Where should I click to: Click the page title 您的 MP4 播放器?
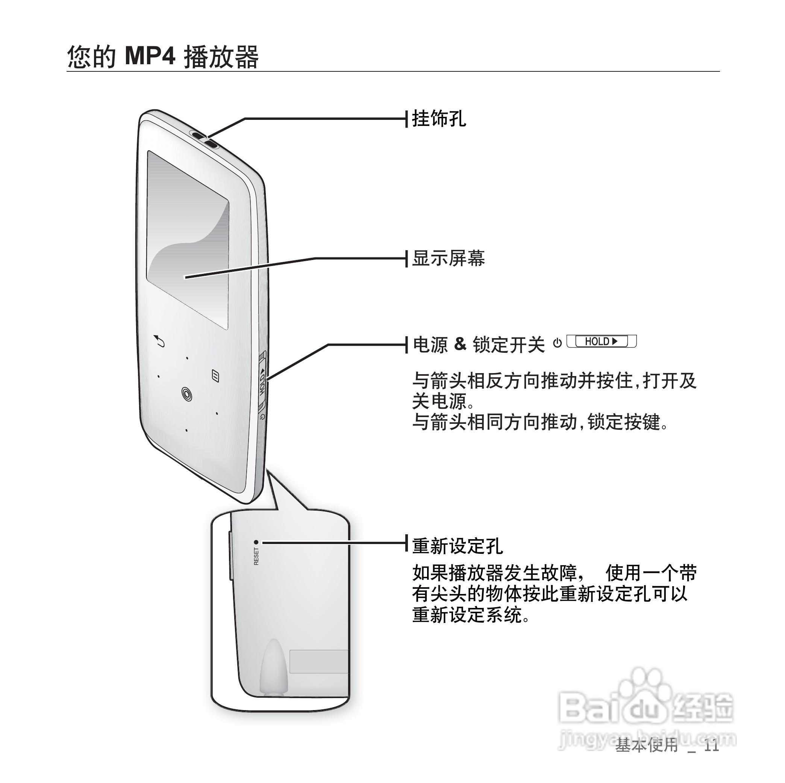pos(162,56)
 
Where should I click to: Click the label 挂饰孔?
pos(439,119)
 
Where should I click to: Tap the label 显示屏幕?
pos(448,258)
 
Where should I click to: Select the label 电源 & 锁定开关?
pos(479,345)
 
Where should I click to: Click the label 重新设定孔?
pos(458,546)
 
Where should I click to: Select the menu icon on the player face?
pos(216,376)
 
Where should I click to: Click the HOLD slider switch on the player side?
pos(262,382)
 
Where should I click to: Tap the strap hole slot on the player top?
pos(204,139)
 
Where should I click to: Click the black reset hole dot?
pos(256,542)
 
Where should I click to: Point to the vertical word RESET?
pos(256,556)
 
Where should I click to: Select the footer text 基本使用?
pos(646,746)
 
